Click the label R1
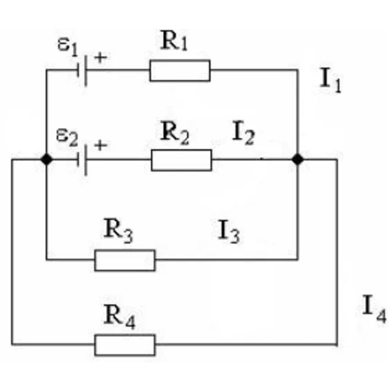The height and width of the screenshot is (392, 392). coord(174,41)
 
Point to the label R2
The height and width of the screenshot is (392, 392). coord(175,133)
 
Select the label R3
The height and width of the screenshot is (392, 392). coord(118,230)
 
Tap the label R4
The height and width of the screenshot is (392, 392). coord(119,317)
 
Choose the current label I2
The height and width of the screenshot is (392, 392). coord(243,133)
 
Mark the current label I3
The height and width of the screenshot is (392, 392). coord(228,232)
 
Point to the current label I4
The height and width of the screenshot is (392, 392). coord(374,309)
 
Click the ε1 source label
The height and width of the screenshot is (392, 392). coord(67,47)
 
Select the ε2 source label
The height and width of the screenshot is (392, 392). coord(67,137)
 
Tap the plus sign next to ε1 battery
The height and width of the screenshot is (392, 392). coord(100,58)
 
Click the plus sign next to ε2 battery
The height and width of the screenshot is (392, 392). coord(100,145)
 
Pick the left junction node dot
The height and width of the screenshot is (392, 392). coord(47,159)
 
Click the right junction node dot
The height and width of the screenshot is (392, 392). coord(298,159)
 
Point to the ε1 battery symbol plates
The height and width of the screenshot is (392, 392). coord(81,71)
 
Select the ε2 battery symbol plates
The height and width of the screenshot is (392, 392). coord(81,160)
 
